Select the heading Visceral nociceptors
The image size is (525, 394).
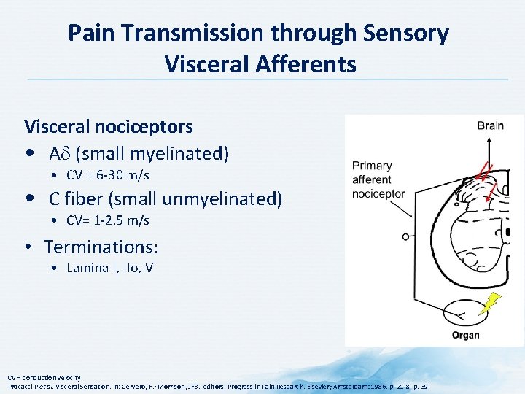click(x=109, y=126)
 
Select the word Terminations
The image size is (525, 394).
click(x=100, y=247)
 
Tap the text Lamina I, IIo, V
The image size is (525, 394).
click(x=109, y=268)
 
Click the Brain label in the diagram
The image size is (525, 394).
click(x=490, y=125)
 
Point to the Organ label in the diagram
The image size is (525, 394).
click(x=465, y=335)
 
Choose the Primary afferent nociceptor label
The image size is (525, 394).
click(x=378, y=179)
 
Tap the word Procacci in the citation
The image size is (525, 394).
click(x=21, y=385)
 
